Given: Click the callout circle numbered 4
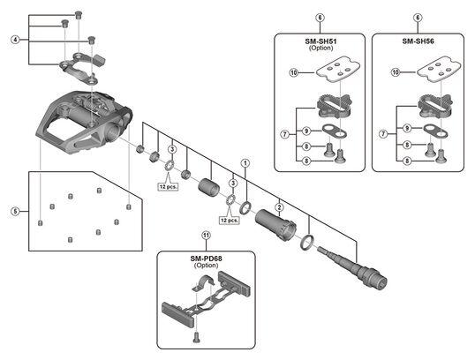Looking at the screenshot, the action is coord(15,40).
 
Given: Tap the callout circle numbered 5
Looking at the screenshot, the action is coord(15,211).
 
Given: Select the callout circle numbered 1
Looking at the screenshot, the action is coord(245,163).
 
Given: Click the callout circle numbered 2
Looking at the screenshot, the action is coord(279,207).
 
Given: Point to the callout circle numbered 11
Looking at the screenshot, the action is coord(206,235).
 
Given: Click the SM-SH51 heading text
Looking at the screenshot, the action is coord(320,41).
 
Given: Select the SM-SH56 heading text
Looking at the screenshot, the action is coord(418,41).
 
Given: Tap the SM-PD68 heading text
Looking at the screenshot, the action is coord(206,259).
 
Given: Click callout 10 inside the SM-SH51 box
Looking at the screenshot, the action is coord(294,72).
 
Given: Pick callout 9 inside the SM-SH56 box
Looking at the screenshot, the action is coord(407,128).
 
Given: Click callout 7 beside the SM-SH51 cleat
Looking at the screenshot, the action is coord(285,134).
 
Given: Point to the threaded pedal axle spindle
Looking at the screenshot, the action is coord(352,266).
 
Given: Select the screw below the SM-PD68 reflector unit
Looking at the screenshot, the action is coord(196,337).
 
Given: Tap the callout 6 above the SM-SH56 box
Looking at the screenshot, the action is coord(418,18).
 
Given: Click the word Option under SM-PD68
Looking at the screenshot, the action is coord(206,266).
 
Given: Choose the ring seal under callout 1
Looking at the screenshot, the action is coord(245,207).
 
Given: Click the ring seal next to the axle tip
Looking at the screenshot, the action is coord(307,242).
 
